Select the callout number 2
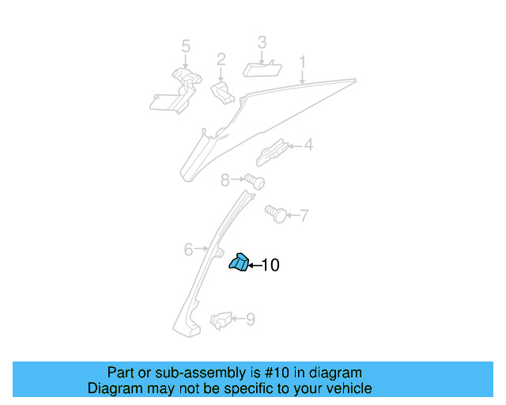[221, 59]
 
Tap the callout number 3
[262, 42]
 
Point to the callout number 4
[308, 145]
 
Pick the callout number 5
[186, 47]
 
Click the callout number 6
[188, 250]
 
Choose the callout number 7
[304, 214]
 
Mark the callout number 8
[225, 180]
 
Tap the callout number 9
[250, 320]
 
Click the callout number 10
[270, 266]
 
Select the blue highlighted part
[239, 263]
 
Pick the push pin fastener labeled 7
[275, 213]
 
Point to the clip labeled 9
[221, 320]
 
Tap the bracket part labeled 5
[177, 90]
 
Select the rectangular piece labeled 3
[259, 68]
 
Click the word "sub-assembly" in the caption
[180, 373]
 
